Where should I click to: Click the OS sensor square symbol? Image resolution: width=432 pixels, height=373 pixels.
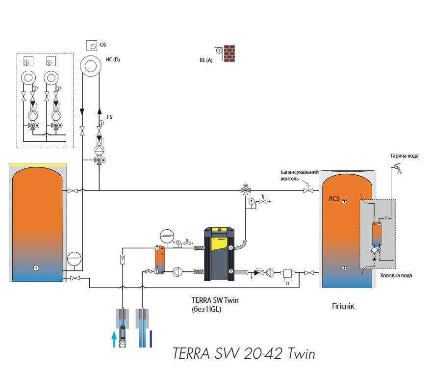(x=92, y=45)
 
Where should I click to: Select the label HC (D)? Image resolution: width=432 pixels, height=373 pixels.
(x=112, y=60)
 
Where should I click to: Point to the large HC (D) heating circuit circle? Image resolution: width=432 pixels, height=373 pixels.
(x=91, y=66)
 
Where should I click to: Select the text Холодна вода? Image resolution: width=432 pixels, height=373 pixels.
(x=396, y=276)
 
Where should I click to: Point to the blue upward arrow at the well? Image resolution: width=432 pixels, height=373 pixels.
(x=114, y=339)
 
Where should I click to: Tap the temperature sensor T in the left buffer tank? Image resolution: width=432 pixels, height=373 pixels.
(x=36, y=267)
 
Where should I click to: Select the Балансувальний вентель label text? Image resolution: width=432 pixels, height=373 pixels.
(x=300, y=176)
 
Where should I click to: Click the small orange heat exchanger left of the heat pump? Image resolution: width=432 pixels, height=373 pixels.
(x=160, y=259)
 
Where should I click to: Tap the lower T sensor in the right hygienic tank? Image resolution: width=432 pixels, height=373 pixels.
(x=345, y=267)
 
